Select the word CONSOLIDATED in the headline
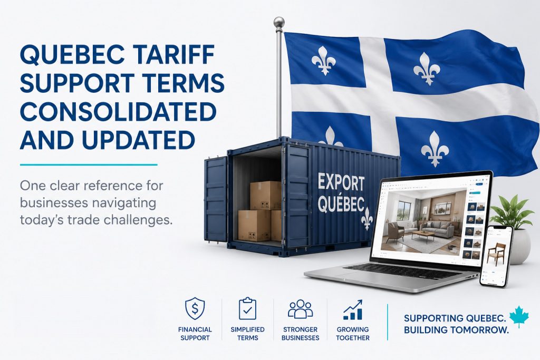118,112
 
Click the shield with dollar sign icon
195,309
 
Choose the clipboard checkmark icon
247,309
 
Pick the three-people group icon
300,309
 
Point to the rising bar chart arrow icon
353,309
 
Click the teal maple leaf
519,316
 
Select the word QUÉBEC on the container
341,205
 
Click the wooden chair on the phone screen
497,255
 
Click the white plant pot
520,246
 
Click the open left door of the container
216,199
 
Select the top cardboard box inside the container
265,196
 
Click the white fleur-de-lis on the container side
367,219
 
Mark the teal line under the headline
89,164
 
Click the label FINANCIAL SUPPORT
195,334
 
